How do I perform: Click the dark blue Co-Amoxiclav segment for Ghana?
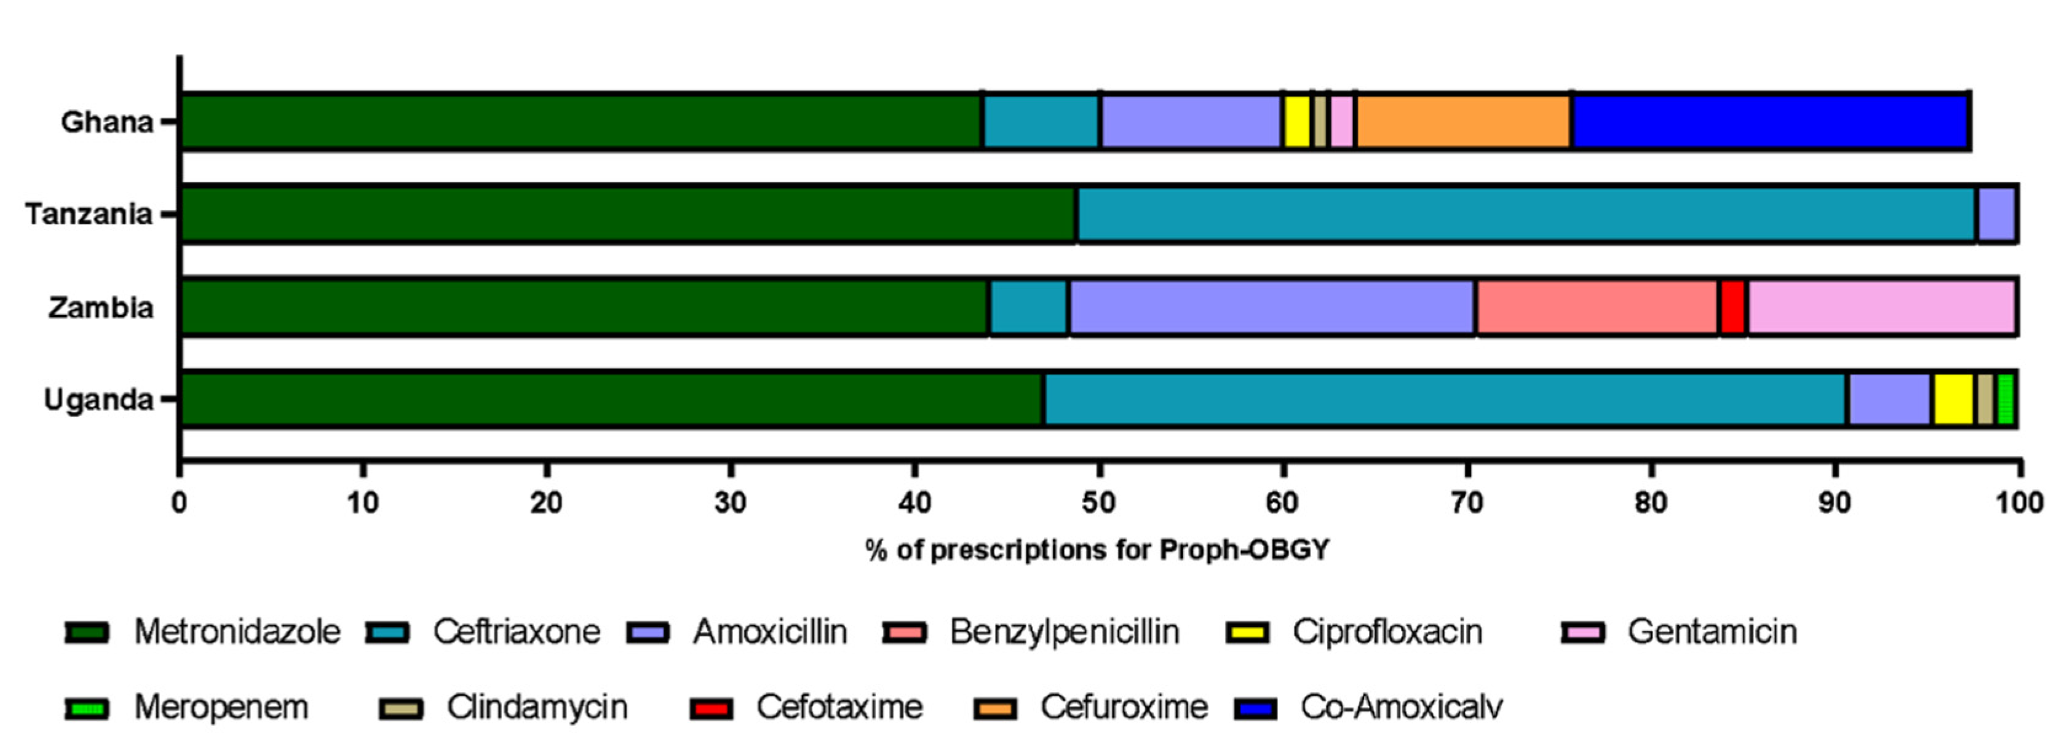pos(1770,122)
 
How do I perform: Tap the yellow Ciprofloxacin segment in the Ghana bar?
pos(1296,122)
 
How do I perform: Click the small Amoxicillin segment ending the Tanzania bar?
pos(1996,214)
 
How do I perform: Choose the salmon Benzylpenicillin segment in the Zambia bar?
pos(1597,307)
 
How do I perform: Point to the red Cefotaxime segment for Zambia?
pos(1732,307)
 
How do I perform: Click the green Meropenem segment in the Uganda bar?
pos(2006,400)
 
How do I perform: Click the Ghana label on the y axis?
pos(107,122)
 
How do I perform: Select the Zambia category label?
pos(100,307)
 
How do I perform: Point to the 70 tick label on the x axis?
pos(1467,503)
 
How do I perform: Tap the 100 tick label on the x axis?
pos(2019,503)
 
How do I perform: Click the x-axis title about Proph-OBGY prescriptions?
pos(1098,550)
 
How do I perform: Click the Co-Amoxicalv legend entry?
pos(1401,708)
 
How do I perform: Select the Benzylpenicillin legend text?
pos(1065,633)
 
